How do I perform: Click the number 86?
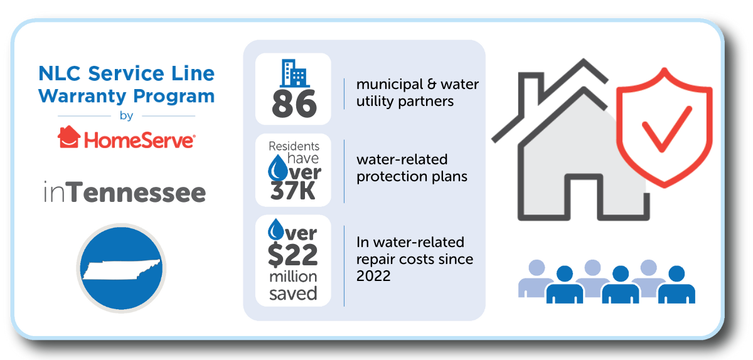tap(294, 104)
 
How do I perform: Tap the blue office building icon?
tap(295, 73)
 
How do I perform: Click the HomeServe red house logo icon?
tap(69, 137)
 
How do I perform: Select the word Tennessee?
tap(138, 193)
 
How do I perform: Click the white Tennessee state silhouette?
tap(122, 270)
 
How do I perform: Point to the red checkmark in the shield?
tap(666, 129)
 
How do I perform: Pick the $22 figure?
tap(293, 255)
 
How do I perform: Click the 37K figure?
tap(293, 191)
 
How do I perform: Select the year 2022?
tap(373, 276)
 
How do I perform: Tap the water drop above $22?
tap(276, 230)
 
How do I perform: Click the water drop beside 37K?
tap(277, 167)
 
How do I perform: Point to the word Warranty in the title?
tap(82, 97)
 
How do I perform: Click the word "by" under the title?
tap(126, 116)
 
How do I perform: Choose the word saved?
tap(293, 294)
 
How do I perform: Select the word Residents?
tap(294, 146)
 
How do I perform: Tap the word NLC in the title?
tap(60, 73)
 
